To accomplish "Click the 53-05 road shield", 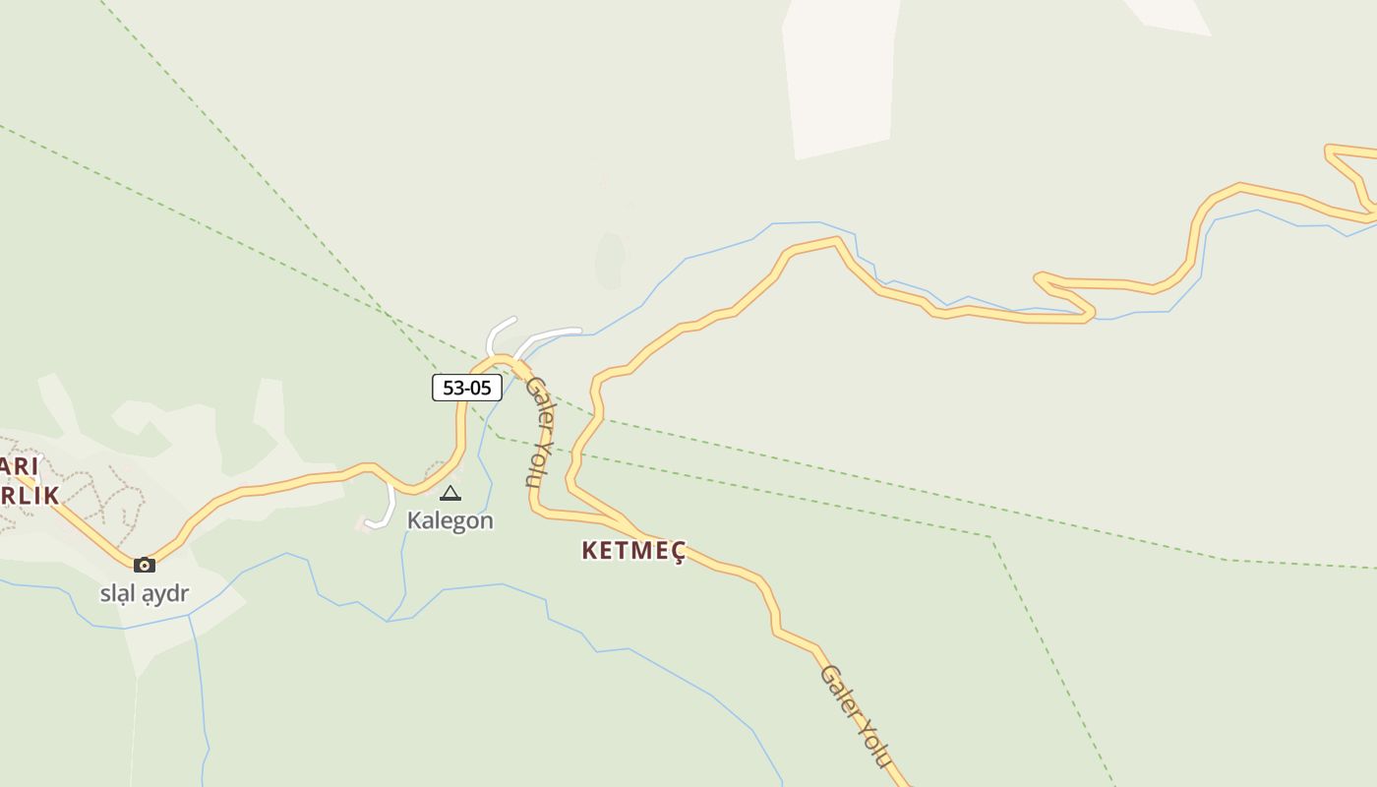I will [x=467, y=388].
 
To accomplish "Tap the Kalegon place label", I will [x=450, y=520].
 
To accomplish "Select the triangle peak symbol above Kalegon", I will [x=450, y=493].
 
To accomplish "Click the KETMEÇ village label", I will [x=633, y=551].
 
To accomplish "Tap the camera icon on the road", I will [x=145, y=565].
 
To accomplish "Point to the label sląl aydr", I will [x=145, y=593].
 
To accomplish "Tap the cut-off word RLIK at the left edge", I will [x=30, y=496].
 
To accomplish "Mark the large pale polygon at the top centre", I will [x=839, y=74].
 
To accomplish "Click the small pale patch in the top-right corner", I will [x=1170, y=14].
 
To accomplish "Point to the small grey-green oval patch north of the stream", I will [x=610, y=260].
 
